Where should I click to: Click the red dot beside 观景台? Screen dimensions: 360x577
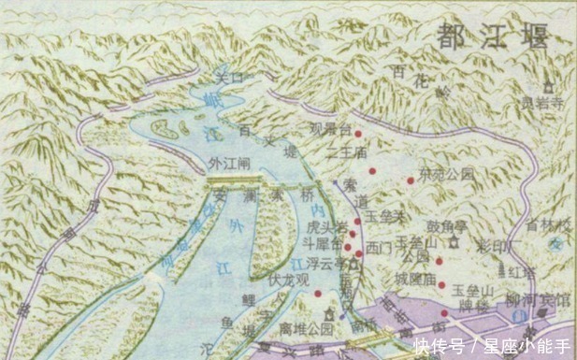click(x=358, y=134)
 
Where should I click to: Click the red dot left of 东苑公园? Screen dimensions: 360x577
click(x=410, y=180)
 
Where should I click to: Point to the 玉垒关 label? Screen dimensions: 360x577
click(x=384, y=215)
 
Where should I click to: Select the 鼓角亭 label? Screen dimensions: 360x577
click(x=447, y=225)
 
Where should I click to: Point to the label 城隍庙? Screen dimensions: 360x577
click(x=413, y=279)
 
